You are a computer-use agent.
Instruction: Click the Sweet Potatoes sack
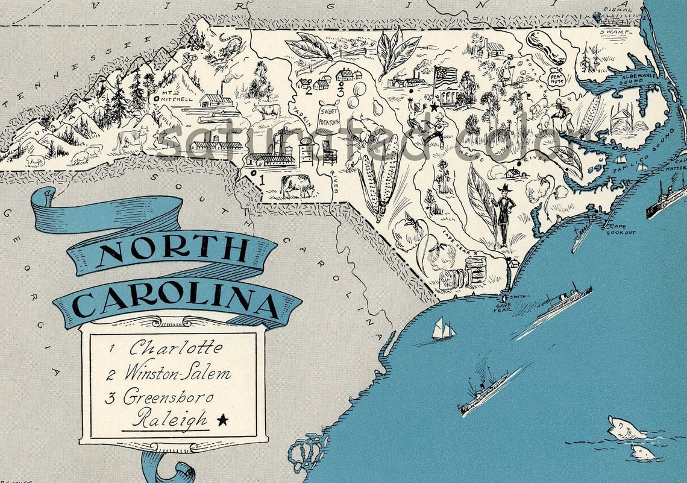[330, 115]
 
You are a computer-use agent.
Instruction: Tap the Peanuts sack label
[555, 77]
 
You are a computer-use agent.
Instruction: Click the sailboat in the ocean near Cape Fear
[444, 329]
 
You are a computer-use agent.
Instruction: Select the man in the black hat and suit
[503, 214]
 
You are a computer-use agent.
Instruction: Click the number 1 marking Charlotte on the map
[260, 179]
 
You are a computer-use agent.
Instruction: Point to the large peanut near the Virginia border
[546, 46]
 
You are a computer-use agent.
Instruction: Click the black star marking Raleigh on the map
[434, 107]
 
